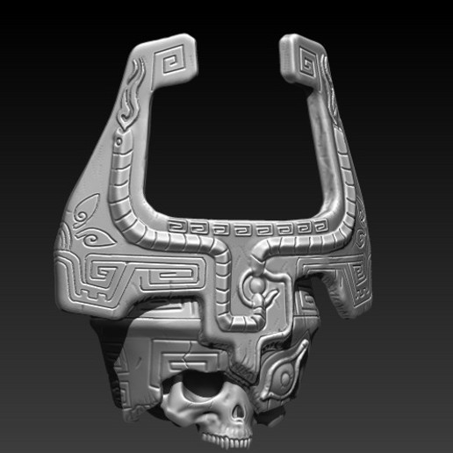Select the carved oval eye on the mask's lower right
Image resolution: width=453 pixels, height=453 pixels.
285,379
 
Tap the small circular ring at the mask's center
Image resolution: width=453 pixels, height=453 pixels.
252,286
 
